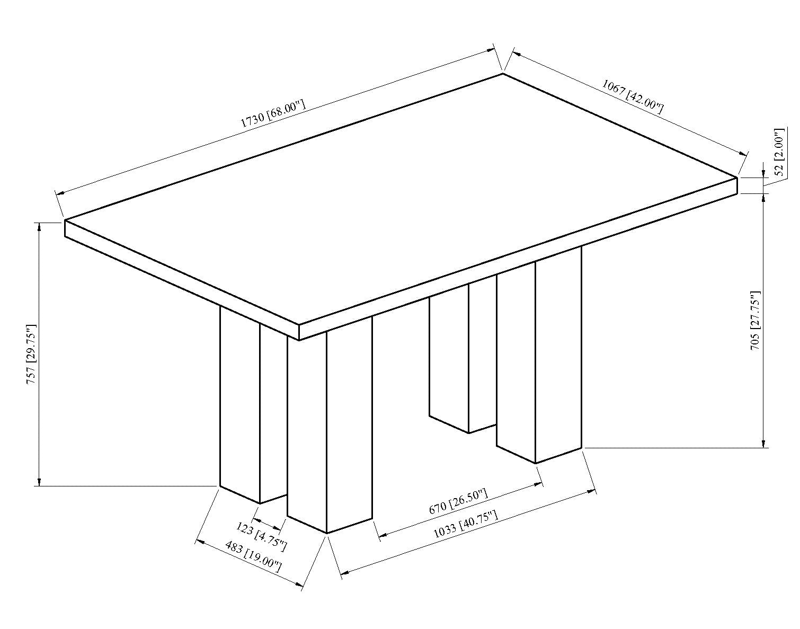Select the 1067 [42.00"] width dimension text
coord(633,96)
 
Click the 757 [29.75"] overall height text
coord(32,354)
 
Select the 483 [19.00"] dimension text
coord(253,555)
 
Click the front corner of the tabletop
coord(299,325)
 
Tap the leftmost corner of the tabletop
coord(65,219)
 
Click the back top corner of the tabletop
coord(502,74)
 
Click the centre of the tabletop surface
coord(401,199)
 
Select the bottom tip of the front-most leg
coord(327,533)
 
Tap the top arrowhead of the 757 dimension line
coord(39,226)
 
